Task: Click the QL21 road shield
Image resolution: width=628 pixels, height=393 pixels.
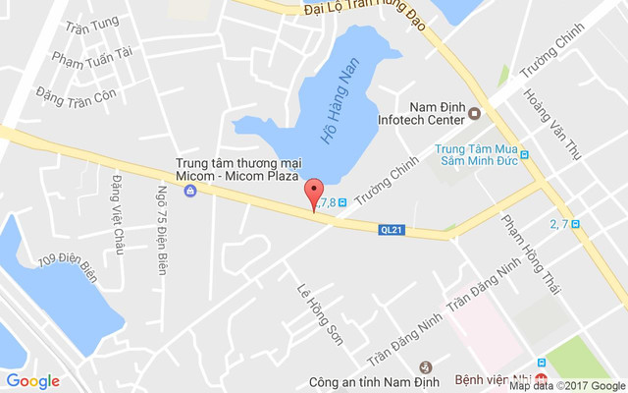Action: click(x=391, y=230)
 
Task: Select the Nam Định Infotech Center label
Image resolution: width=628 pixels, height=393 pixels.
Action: click(x=420, y=113)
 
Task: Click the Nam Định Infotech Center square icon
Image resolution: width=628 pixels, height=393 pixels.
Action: click(x=475, y=113)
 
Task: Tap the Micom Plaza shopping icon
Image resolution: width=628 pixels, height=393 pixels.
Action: click(x=191, y=190)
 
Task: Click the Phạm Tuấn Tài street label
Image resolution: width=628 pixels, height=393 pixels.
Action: click(x=92, y=58)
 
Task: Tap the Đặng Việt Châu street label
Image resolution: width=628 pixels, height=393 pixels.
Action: click(x=118, y=213)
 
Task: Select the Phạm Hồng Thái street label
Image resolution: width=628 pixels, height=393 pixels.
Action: click(x=530, y=252)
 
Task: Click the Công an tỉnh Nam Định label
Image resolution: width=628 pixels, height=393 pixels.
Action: click(x=361, y=379)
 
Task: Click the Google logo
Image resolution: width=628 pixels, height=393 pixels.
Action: click(x=32, y=381)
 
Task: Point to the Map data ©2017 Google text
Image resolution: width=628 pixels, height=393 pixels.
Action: click(x=567, y=386)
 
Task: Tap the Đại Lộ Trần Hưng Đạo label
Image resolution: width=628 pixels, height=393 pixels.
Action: click(x=364, y=13)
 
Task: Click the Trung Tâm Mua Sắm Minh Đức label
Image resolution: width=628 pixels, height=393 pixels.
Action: click(x=475, y=153)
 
